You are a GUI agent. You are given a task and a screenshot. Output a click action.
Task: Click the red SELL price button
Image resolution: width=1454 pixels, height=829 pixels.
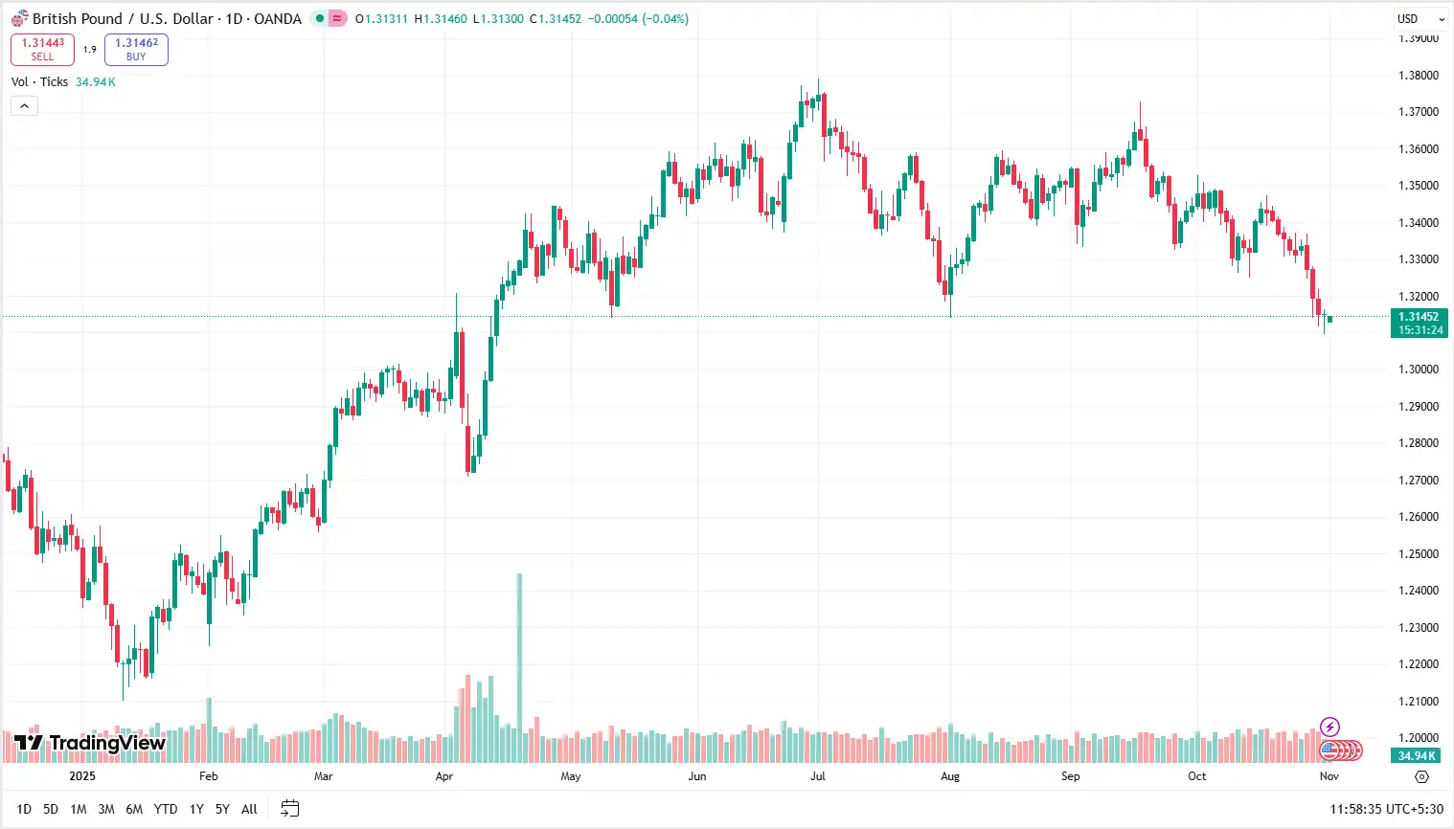pyautogui.click(x=42, y=50)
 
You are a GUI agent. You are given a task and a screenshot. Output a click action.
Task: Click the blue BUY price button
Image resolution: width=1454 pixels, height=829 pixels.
pyautogui.click(x=136, y=50)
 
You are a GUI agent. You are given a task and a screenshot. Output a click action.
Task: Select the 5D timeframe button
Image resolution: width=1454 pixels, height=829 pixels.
pyautogui.click(x=51, y=810)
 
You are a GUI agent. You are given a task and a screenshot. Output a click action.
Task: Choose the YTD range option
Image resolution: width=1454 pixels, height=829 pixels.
pyautogui.click(x=166, y=810)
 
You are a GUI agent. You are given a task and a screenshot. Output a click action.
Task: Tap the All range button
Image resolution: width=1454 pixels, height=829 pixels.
pyautogui.click(x=249, y=810)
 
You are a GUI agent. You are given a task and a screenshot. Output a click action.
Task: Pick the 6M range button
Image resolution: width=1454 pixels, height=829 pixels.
pyautogui.click(x=134, y=810)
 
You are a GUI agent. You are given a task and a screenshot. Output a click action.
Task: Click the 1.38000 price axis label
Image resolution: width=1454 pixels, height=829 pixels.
pyautogui.click(x=1419, y=76)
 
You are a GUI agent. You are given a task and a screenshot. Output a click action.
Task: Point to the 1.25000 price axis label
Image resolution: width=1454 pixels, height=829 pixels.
pyautogui.click(x=1419, y=554)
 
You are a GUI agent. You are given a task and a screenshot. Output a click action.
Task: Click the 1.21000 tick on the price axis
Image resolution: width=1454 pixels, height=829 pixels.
pyautogui.click(x=1419, y=702)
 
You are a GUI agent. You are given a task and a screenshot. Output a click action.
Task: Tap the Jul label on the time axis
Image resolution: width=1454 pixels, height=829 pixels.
pyautogui.click(x=818, y=776)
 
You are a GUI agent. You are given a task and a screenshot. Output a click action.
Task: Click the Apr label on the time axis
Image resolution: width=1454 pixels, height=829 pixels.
pyautogui.click(x=444, y=776)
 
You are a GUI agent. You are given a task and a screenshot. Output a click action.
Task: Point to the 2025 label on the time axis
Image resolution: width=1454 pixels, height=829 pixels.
pyautogui.click(x=82, y=776)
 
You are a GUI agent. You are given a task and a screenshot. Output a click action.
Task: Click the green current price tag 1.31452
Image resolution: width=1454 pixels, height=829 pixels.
pyautogui.click(x=1419, y=323)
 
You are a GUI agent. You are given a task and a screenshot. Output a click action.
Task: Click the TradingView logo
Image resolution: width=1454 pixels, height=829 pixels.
pyautogui.click(x=90, y=743)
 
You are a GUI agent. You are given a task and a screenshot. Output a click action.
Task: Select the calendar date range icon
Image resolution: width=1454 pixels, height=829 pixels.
pyautogui.click(x=290, y=810)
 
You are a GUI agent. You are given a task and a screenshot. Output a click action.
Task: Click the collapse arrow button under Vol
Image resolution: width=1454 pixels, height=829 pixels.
pyautogui.click(x=24, y=106)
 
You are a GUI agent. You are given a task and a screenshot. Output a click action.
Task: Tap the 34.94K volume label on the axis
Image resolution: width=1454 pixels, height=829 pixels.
pyautogui.click(x=1418, y=756)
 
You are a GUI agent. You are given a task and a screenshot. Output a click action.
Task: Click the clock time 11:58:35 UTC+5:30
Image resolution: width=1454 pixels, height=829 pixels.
pyautogui.click(x=1386, y=810)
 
